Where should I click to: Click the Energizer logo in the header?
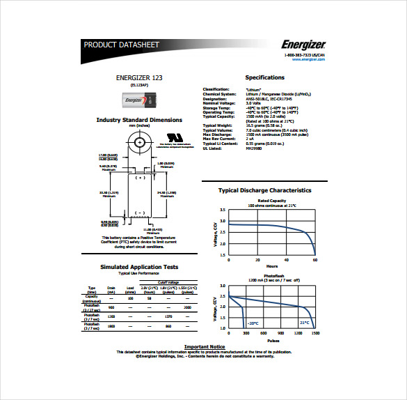(303, 45)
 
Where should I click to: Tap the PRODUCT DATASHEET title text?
(122, 45)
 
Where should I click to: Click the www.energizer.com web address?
(308, 59)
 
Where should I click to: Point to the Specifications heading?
(264, 78)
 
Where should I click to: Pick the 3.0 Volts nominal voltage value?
(254, 103)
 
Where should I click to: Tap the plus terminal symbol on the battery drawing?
(139, 178)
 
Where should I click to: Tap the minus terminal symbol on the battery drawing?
(139, 212)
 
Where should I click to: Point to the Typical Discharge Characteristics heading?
(264, 190)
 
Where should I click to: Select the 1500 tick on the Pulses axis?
(314, 334)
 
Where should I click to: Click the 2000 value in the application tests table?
(186, 307)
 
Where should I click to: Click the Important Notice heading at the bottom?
(205, 346)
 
